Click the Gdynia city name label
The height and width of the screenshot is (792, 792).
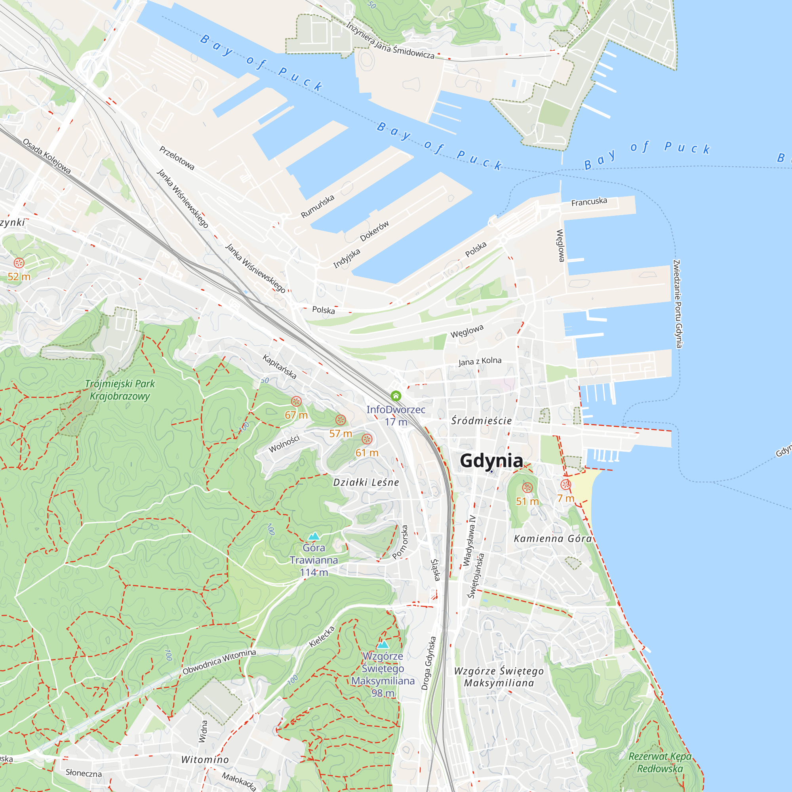coord(491,461)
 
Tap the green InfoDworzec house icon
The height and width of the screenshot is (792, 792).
coord(396,396)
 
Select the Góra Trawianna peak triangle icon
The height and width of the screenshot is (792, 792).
coord(314,536)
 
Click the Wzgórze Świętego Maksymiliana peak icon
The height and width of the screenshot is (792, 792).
coord(383,644)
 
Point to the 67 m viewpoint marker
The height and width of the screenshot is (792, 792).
coord(296,401)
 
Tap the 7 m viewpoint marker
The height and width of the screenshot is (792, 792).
coord(566,485)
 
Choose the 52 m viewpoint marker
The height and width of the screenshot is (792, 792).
coord(19,263)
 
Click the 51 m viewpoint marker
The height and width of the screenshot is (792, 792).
coord(527,487)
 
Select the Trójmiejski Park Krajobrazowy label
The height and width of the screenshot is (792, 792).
coord(120,390)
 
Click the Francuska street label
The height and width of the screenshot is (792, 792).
coord(589,202)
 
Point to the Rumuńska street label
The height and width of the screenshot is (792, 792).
coord(317,207)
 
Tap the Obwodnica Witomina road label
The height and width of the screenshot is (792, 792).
coord(219,662)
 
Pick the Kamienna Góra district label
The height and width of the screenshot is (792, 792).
coord(552,539)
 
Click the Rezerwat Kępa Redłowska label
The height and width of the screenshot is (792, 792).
coord(660,762)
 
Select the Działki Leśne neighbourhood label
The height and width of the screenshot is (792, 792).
coord(366,482)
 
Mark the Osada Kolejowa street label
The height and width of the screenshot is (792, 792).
coord(46,156)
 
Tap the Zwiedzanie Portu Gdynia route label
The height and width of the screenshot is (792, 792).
coord(678,304)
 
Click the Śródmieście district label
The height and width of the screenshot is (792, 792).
coord(481,421)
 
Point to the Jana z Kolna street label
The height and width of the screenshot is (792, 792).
coord(480,361)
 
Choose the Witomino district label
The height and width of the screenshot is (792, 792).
coord(205,760)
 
